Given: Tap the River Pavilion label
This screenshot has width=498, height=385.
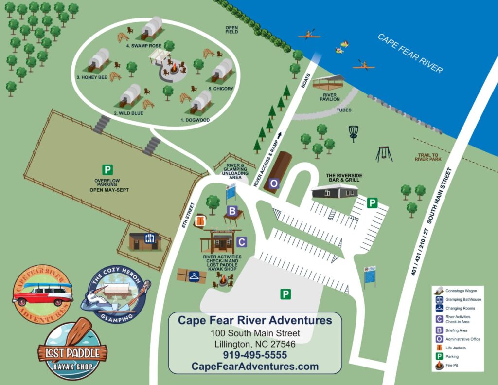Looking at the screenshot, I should [329, 96].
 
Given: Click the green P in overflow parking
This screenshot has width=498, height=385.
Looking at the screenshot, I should [107, 170].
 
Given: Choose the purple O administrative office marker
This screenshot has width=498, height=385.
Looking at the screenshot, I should [274, 183].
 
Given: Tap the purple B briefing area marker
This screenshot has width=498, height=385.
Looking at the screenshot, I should [232, 211].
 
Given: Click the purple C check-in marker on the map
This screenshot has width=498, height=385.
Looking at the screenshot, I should [242, 242].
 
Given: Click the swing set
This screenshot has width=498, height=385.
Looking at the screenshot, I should [384, 154].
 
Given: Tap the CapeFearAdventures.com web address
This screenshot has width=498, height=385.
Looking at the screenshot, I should [255, 367].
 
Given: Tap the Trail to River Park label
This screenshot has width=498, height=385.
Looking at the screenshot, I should [427, 158].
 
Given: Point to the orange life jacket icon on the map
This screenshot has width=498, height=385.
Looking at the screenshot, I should [199, 221].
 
